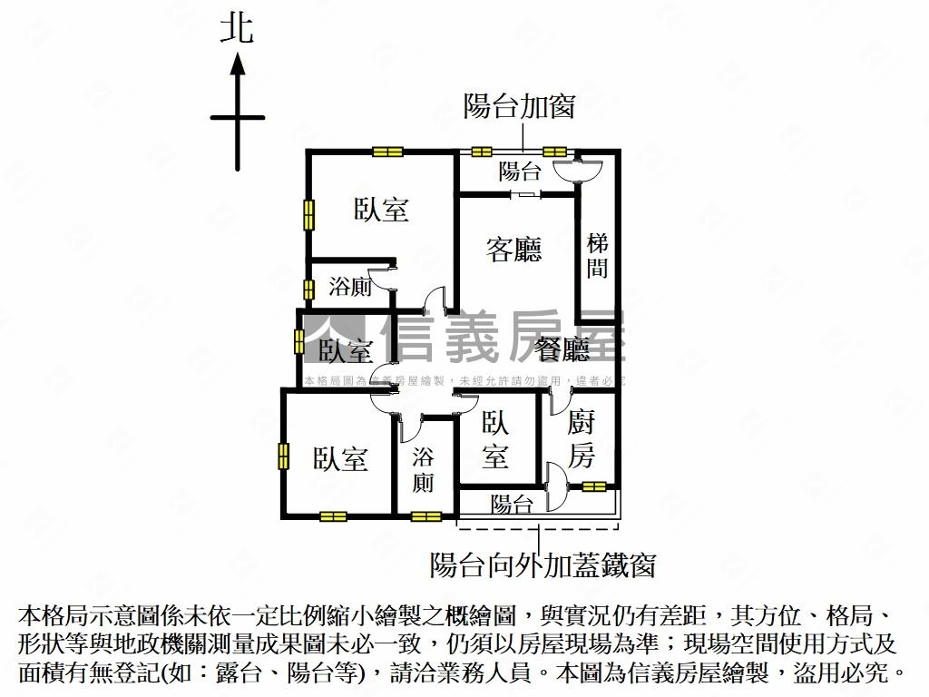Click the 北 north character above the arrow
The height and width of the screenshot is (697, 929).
point(237,29)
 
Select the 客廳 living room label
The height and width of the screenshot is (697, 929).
point(513,250)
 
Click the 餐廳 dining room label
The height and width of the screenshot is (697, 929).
point(562,349)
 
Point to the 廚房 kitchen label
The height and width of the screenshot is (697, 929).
point(582,438)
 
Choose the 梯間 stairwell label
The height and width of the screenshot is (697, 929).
point(597,255)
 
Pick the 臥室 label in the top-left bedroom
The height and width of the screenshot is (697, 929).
point(381,210)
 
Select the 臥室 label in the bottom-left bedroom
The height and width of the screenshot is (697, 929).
point(341,459)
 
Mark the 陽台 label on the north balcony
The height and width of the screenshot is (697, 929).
point(520,171)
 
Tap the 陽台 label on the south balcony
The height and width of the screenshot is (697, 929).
point(512,506)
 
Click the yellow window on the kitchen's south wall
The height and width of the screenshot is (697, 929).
point(594,486)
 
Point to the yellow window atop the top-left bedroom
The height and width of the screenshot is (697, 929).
point(386,152)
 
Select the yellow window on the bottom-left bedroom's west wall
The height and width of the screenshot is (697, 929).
point(284,455)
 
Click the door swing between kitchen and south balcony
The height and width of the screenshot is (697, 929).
point(556,487)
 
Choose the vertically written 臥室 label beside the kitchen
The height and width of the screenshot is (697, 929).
point(494,439)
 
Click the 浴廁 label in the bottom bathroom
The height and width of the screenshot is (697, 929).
point(423,469)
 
